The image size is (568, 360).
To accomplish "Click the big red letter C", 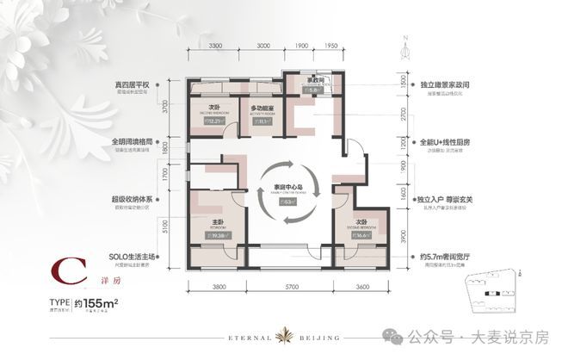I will point(58,277).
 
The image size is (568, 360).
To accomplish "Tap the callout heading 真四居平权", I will point(134,84).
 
